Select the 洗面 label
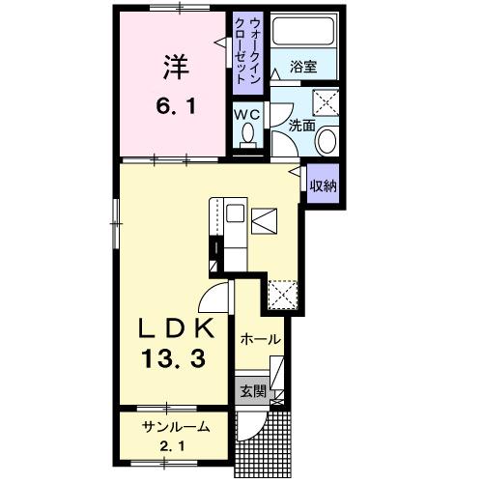pyautogui.click(x=301, y=126)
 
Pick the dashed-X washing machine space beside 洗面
pyautogui.click(x=327, y=100)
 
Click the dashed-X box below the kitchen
pyautogui.click(x=282, y=293)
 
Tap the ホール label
pyautogui.click(x=260, y=340)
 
